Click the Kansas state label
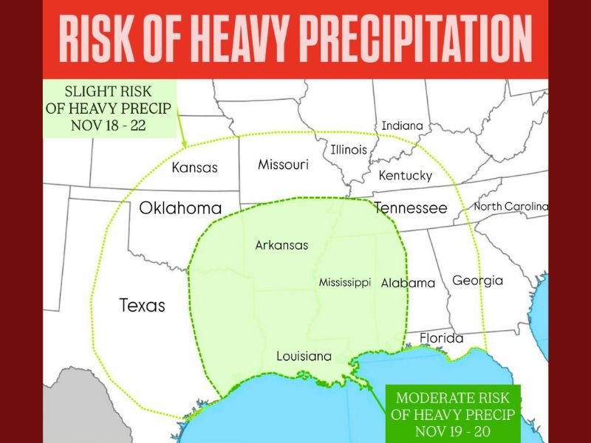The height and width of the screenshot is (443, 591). click(194, 168)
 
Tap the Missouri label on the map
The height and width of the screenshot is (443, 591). click(283, 165)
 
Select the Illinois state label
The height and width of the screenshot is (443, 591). click(349, 149)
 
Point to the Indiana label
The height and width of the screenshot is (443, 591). click(402, 126)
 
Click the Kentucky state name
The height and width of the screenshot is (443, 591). click(405, 176)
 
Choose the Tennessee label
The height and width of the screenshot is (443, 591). click(410, 208)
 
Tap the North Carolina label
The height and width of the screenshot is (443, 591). click(511, 206)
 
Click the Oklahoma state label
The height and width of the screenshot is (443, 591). click(180, 208)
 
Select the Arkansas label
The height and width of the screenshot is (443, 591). click(281, 245)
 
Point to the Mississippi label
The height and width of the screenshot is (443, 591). click(344, 283)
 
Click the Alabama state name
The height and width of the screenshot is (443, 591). click(408, 283)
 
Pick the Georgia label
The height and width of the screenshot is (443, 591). click(477, 281)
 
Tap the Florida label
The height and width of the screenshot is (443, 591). click(441, 338)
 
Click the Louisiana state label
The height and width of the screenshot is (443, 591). click(304, 356)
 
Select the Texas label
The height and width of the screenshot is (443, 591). click(142, 305)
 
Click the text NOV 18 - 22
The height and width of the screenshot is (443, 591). click(108, 125)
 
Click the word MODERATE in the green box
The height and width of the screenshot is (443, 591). click(431, 398)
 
